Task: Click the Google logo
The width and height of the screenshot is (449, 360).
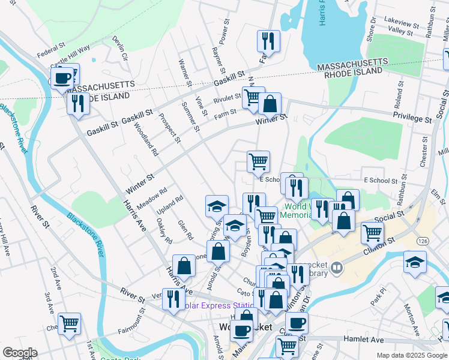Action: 20,353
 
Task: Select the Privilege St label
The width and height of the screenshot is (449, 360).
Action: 412,118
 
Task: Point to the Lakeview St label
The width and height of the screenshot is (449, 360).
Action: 402,24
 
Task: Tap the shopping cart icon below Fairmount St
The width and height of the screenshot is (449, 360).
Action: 70,324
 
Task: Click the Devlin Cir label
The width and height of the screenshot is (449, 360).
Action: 121,47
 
